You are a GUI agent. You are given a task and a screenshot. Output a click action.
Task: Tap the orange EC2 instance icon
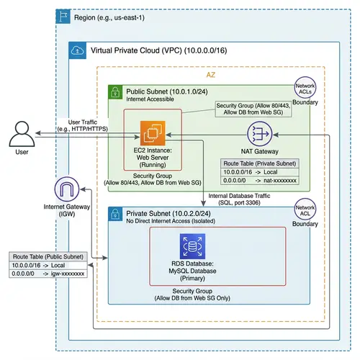[153, 133]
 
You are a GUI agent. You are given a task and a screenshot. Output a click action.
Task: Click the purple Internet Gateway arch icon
[66, 192]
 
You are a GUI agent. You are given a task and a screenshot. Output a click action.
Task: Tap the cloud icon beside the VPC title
[76, 50]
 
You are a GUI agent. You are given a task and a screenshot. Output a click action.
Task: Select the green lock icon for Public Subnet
[114, 92]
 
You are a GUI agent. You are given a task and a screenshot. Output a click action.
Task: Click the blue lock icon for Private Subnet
[114, 214]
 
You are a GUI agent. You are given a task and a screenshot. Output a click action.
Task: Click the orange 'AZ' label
[211, 74]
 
